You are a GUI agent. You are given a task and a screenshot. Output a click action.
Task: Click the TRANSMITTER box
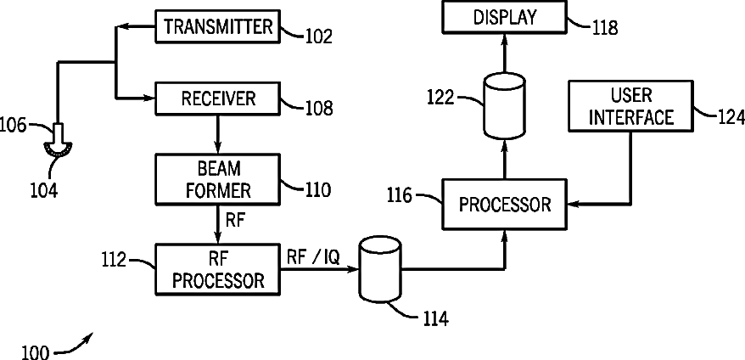(217, 26)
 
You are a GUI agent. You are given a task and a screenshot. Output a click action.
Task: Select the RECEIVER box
(217, 98)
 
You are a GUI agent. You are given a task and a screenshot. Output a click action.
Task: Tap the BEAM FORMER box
(217, 180)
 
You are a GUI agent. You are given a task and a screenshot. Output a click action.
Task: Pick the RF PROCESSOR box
(217, 269)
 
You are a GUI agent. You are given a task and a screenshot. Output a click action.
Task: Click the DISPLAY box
(505, 18)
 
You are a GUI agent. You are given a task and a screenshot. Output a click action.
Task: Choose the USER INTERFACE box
(630, 105)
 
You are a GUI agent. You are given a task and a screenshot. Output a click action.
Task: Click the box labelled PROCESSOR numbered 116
(505, 205)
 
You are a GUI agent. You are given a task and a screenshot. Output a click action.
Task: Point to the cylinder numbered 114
(381, 270)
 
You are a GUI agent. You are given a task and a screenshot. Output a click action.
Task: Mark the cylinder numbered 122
(504, 105)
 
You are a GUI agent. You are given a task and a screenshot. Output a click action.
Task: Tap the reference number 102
(318, 37)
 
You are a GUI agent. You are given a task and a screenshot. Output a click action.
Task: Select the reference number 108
(318, 109)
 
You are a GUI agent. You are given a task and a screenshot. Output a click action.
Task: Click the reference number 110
(317, 190)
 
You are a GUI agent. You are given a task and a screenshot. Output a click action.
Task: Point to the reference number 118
(605, 28)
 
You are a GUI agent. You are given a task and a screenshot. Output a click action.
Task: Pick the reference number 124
(731, 116)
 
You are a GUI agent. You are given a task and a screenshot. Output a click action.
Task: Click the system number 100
(35, 353)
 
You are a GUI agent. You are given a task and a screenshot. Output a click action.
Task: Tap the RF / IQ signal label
(313, 257)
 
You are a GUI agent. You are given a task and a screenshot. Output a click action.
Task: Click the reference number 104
(44, 190)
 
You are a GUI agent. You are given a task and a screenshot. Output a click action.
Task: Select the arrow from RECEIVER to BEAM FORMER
(217, 135)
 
